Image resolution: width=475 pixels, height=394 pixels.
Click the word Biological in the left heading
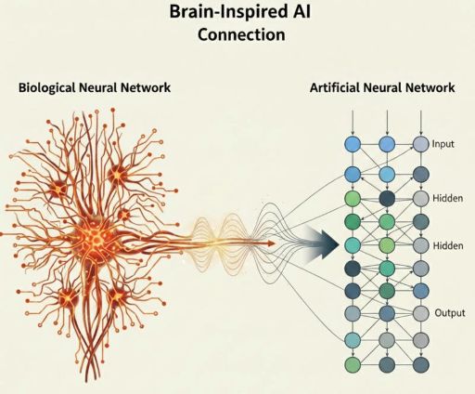[49, 88]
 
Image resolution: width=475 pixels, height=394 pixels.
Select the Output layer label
[450, 313]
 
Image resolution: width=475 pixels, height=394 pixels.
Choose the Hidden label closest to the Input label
[447, 199]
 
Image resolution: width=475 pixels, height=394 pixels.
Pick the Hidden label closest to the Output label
[447, 245]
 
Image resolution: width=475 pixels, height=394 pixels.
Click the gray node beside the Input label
[421, 145]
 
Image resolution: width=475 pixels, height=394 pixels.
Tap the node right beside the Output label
[421, 314]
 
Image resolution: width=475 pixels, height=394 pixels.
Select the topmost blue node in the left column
[352, 145]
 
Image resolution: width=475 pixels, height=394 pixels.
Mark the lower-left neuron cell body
[67, 299]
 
